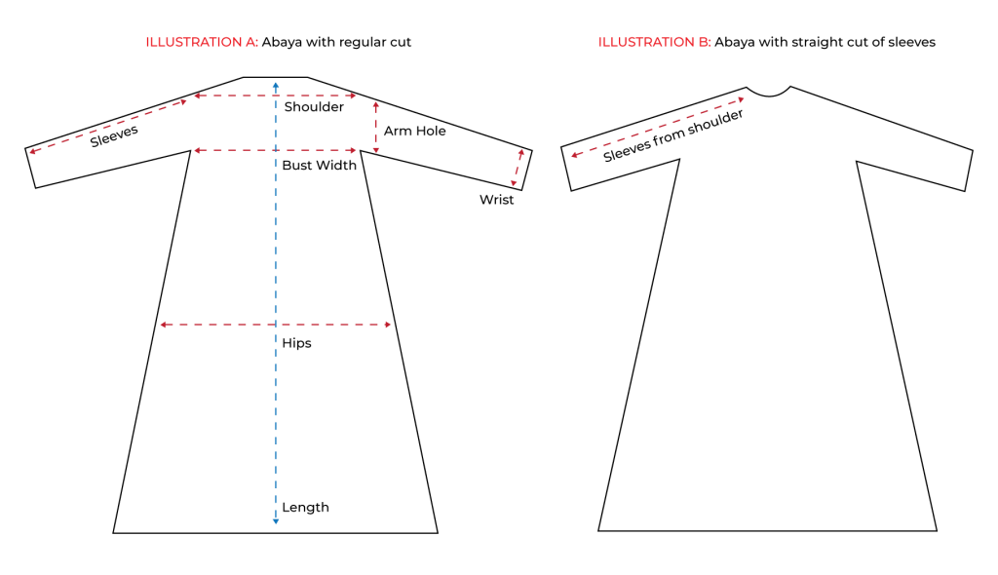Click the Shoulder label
[x=313, y=107]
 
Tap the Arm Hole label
[x=414, y=131]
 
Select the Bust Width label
[x=319, y=166]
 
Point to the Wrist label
[x=496, y=200]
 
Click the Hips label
[x=296, y=343]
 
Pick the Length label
[x=305, y=508]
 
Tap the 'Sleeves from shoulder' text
[x=672, y=135]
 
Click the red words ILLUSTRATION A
[x=201, y=43]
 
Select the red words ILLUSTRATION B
[x=653, y=43]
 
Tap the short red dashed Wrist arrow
[x=518, y=169]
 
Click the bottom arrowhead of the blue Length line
[x=276, y=522]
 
